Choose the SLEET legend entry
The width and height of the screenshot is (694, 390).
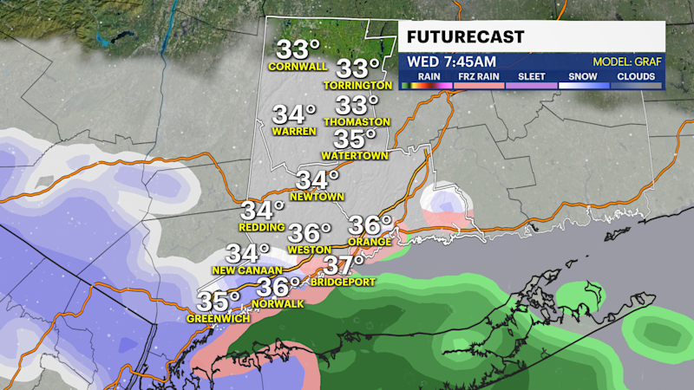pos(531,75)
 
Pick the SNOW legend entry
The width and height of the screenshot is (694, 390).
pos(582,75)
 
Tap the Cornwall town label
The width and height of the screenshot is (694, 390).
pos(298,67)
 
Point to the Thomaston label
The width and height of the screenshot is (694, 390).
pos(357,122)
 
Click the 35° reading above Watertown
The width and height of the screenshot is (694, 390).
pos(355,140)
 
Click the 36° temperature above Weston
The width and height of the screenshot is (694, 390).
pos(310,233)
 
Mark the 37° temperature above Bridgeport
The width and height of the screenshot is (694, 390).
pos(344,264)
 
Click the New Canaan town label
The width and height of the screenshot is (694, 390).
pos(247,271)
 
